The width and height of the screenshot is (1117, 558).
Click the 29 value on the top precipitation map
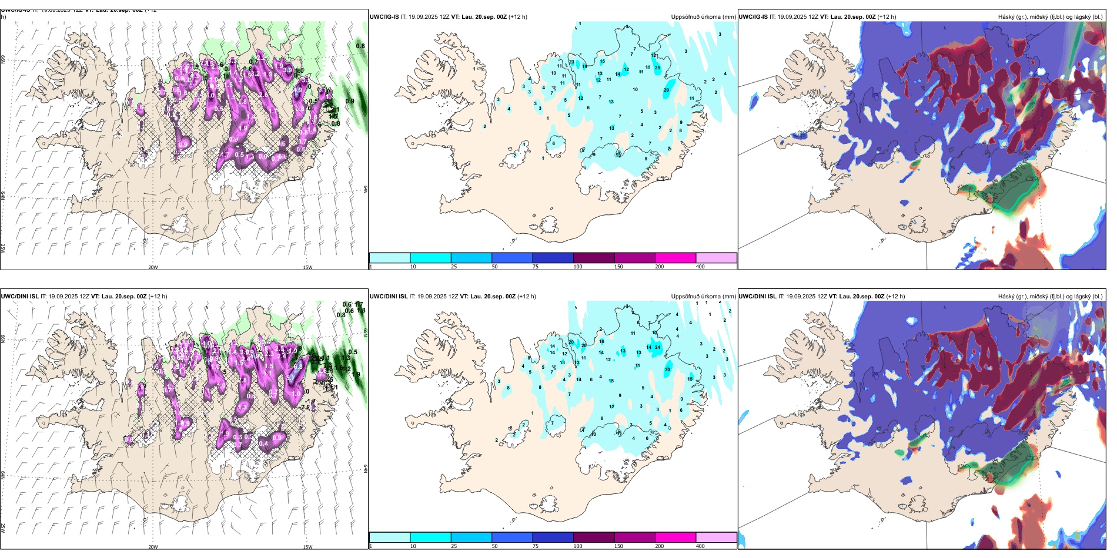tap(667, 90)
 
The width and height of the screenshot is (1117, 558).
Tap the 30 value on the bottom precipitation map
tap(667, 369)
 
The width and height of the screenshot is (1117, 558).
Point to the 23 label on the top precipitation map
tap(572, 62)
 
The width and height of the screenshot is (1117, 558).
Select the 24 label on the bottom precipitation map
tap(658, 347)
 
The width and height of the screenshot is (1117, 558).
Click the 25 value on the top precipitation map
tap(658, 68)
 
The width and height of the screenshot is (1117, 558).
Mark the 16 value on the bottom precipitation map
tap(601, 341)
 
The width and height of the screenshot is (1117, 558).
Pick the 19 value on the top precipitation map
tap(585, 66)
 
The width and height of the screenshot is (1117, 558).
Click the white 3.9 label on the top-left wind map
tap(287, 70)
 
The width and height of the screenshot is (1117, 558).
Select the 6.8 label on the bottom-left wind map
tap(298, 366)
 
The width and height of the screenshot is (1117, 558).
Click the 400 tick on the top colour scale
tap(700, 267)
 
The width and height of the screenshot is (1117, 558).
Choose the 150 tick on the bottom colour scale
tap(618, 546)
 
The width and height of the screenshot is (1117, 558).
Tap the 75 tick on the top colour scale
tap(536, 267)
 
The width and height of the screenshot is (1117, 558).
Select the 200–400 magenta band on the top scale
tap(675, 258)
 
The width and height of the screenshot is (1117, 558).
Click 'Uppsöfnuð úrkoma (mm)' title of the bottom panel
tap(703, 297)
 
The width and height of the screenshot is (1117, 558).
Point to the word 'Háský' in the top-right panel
tap(1006, 17)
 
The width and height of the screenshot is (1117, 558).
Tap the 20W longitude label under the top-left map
tap(153, 267)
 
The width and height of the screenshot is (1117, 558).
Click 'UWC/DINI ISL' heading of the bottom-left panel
tap(19, 297)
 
